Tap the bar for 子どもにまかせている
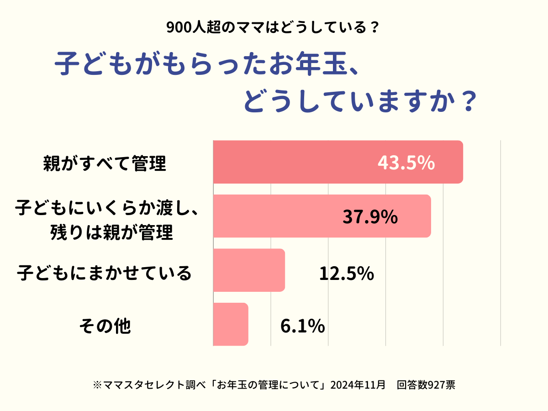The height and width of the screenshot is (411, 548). pos(249,270)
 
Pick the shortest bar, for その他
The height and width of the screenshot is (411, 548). pos(231,324)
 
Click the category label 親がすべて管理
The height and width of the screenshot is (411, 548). pos(104,163)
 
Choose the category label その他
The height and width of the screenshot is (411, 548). pos(105,326)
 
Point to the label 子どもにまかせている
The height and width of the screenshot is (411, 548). pos(104,273)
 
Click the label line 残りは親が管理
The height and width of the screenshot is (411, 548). pos(112,233)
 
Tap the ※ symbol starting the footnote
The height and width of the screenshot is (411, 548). pos(96,385)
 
